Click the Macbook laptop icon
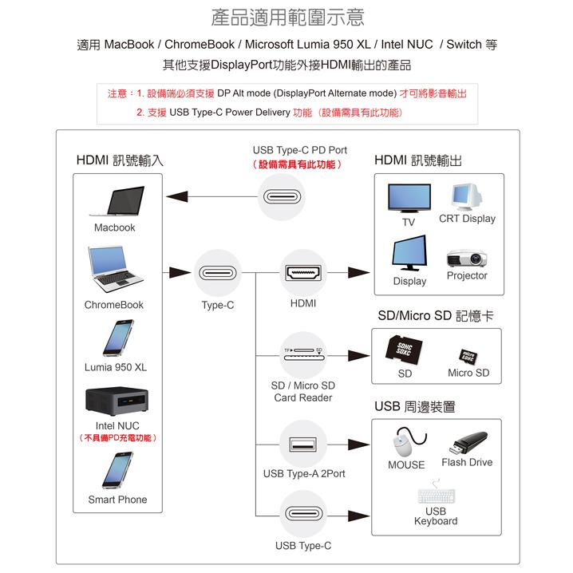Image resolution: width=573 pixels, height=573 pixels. (115, 203)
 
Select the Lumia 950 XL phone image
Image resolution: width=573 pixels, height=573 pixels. (116, 338)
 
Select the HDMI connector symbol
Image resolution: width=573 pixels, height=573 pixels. (303, 274)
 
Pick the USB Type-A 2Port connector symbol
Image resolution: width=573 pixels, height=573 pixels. (303, 444)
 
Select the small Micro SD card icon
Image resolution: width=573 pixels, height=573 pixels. (468, 354)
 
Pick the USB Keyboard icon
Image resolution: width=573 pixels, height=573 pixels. (436, 493)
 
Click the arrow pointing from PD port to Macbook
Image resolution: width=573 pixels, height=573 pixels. (211, 197)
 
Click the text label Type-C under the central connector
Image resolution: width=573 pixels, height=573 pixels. (217, 305)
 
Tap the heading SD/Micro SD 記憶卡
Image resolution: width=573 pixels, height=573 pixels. (435, 316)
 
